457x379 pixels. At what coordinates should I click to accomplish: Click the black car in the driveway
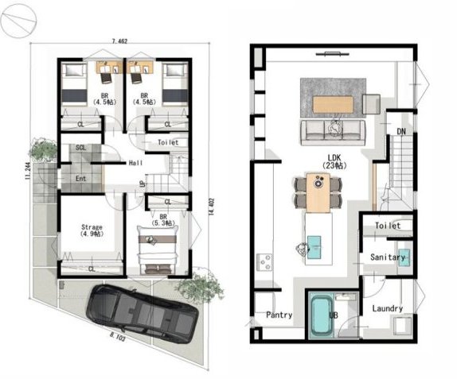(x=143, y=312)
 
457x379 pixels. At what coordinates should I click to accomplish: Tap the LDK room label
(x=334, y=161)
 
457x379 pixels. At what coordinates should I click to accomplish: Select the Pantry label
(x=279, y=315)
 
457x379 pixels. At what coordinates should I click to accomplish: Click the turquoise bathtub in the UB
(x=321, y=315)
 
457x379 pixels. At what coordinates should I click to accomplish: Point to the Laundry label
(x=388, y=308)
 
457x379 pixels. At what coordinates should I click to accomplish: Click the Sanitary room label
(x=388, y=257)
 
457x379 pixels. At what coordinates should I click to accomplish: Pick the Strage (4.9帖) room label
(x=92, y=230)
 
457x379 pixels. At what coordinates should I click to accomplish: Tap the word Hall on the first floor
(x=136, y=163)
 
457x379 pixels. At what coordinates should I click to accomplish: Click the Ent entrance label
(x=80, y=179)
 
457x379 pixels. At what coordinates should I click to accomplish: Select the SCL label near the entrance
(x=80, y=148)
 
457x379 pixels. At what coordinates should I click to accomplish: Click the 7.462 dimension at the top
(x=119, y=41)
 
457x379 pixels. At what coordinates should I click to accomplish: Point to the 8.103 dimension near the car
(x=118, y=337)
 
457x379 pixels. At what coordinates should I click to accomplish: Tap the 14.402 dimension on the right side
(x=212, y=207)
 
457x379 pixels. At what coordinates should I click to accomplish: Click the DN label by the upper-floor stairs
(x=401, y=132)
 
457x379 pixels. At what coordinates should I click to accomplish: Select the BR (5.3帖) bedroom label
(x=163, y=220)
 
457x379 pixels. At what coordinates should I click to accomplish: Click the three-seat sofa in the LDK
(x=333, y=133)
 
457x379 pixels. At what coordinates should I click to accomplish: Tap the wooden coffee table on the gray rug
(x=333, y=105)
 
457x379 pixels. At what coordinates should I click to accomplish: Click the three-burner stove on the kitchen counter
(x=264, y=261)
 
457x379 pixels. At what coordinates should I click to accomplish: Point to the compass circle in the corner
(x=18, y=21)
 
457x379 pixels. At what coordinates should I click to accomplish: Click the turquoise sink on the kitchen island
(x=314, y=247)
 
